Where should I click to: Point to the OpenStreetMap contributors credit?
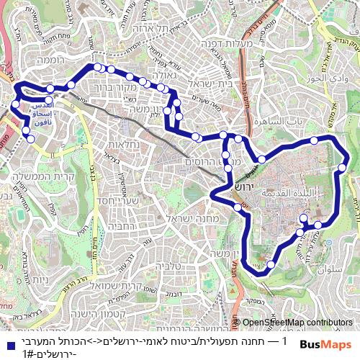[x=298, y=323]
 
